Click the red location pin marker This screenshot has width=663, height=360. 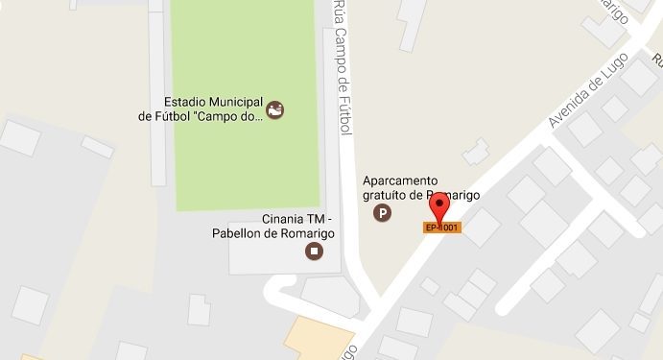pyautogui.click(x=440, y=204)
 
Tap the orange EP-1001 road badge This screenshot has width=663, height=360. pyautogui.click(x=441, y=228)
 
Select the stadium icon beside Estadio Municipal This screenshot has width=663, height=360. pyautogui.click(x=275, y=109)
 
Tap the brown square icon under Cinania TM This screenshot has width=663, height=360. pyautogui.click(x=313, y=252)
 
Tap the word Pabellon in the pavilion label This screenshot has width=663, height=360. pyautogui.click(x=238, y=233)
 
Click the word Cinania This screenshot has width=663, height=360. pyautogui.click(x=284, y=219)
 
